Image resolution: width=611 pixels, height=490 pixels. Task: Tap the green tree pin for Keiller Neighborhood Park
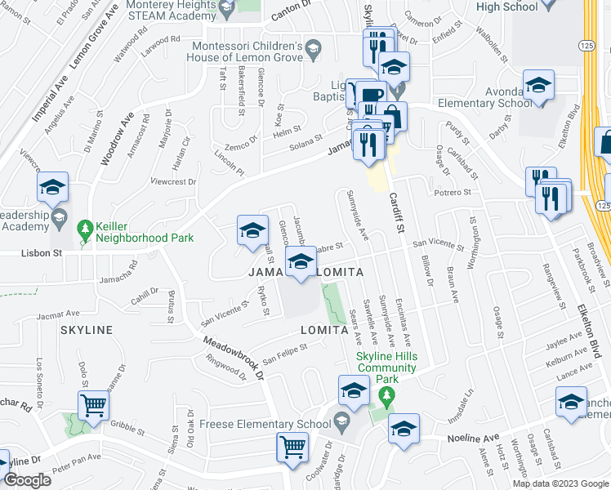84,229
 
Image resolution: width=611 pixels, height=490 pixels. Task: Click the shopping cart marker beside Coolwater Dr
293,448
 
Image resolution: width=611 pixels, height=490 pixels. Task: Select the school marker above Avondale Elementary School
539,86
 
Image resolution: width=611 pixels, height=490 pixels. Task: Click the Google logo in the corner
27,480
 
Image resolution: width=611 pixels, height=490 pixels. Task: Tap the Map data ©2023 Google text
560,483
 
